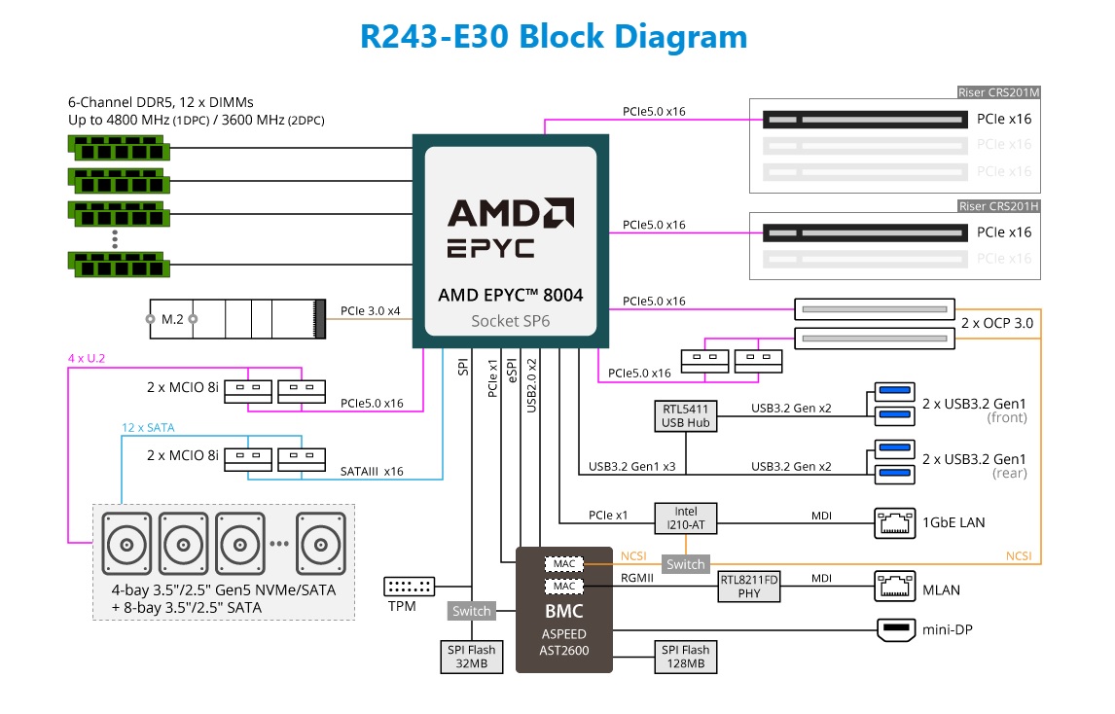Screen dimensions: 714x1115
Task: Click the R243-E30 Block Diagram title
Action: (554, 36)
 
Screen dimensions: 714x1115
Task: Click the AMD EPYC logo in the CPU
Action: (510, 228)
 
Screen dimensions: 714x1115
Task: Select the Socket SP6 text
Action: (510, 320)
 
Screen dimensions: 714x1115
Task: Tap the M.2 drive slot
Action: (235, 318)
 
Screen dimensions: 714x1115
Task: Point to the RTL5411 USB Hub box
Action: (687, 415)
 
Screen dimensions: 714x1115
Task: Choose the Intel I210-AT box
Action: (686, 517)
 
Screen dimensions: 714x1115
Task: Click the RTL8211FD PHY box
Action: (751, 586)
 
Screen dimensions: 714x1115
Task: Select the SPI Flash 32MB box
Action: (472, 657)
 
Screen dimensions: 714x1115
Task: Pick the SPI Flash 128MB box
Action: (686, 657)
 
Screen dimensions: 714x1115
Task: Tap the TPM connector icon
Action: (409, 587)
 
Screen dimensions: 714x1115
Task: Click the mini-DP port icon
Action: (896, 630)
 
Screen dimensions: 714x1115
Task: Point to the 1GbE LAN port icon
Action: (895, 522)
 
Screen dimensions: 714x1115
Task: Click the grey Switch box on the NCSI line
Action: (685, 564)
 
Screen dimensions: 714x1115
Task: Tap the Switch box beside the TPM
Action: (472, 611)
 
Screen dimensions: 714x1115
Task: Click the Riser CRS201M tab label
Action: (999, 93)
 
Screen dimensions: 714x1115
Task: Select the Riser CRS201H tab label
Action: (999, 206)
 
